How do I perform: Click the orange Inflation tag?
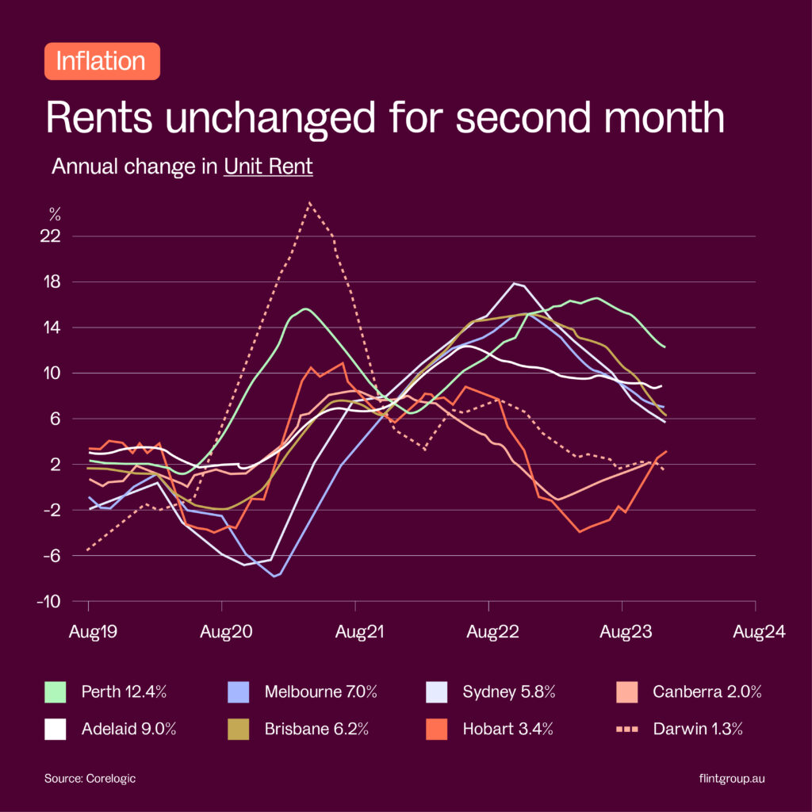102,61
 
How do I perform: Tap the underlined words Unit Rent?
268,167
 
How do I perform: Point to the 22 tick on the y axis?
54,236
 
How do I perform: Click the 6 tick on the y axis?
57,419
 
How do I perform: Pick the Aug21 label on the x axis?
355,632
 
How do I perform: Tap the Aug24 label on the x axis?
759,632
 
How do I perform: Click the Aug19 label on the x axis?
88,632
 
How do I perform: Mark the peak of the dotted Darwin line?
309,203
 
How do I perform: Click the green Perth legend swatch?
55,691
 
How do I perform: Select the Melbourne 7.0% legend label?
321,691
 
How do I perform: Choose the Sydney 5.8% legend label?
509,691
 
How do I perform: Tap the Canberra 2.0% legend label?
707,691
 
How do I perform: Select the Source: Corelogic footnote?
90,779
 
